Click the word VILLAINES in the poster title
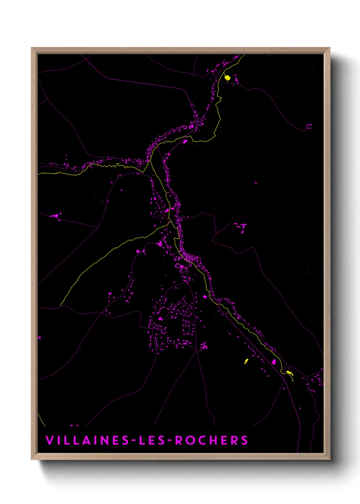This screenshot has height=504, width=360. point(87,440)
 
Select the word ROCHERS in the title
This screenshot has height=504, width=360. point(212,440)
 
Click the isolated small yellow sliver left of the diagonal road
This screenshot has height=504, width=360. point(246,361)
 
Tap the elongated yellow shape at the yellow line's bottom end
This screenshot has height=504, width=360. point(289,373)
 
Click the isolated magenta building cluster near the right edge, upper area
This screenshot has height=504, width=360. point(308,126)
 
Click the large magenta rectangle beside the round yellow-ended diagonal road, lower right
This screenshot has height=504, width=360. point(274,361)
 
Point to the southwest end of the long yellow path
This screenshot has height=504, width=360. point(61,304)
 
